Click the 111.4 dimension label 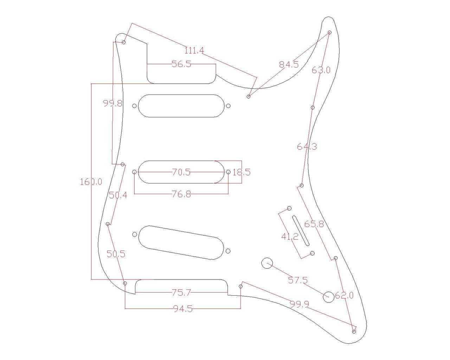194,51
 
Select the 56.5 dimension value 181,64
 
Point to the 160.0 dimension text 91,182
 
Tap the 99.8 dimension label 113,103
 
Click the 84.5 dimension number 289,65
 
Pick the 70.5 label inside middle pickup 181,172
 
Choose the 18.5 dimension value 242,172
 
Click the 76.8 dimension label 181,194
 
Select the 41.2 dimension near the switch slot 290,237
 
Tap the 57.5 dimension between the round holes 298,280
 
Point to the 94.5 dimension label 183,309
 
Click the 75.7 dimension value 181,292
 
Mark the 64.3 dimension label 307,146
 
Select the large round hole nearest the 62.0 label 328,297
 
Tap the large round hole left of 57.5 267,263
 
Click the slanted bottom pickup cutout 181,243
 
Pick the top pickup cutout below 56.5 181,106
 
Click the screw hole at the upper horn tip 329,32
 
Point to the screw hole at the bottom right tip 354,331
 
